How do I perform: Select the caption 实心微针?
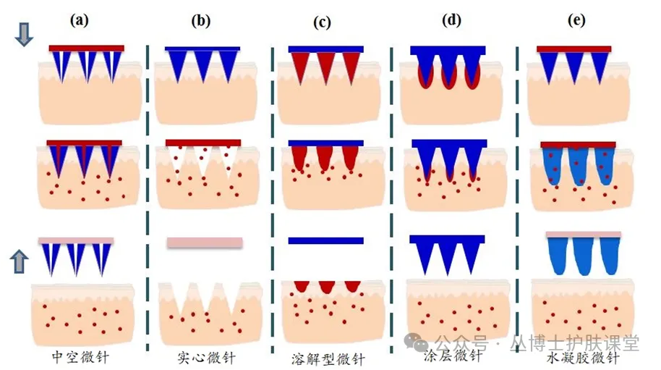click(x=206, y=358)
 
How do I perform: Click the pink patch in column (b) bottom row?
click(x=205, y=243)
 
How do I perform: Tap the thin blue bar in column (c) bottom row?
click(x=325, y=240)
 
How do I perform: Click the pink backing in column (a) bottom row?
click(x=77, y=240)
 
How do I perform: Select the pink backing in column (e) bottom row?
click(x=583, y=235)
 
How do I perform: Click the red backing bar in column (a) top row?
click(x=87, y=49)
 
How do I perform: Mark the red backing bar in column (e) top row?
click(x=575, y=49)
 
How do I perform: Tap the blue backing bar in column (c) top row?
click(x=325, y=49)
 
